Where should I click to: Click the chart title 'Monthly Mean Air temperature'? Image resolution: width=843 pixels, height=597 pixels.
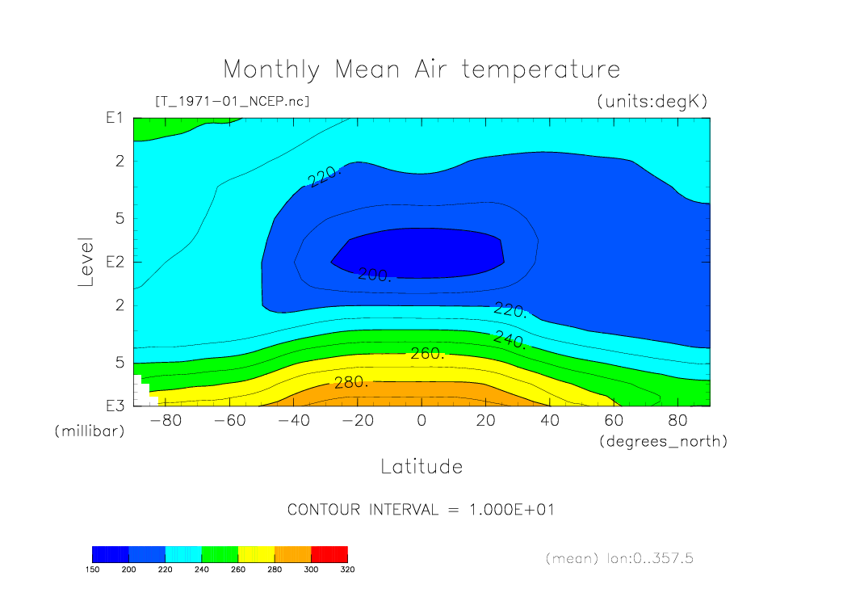coord(421,69)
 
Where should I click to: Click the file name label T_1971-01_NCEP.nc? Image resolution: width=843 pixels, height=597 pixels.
coord(232,102)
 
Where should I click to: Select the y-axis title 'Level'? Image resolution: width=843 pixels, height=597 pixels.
coord(87,263)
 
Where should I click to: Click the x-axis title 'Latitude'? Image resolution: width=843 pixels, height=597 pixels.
coord(421,466)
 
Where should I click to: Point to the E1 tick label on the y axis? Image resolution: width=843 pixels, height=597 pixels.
coord(113,118)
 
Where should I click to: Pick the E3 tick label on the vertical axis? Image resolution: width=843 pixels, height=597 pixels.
coord(113,405)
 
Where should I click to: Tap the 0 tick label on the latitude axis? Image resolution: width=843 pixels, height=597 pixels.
coord(421,421)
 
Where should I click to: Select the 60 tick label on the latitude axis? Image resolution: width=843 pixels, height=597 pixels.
coord(614,421)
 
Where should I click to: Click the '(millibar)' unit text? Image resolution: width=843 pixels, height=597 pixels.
coord(90,431)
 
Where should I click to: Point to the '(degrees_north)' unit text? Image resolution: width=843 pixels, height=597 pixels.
coord(664,441)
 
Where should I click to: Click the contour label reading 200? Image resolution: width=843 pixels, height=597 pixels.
coord(375,275)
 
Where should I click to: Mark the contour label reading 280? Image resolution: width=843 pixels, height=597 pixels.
coord(351,382)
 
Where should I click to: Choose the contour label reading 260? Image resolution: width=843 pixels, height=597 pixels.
coord(428,354)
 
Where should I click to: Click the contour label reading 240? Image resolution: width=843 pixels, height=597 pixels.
coord(510,338)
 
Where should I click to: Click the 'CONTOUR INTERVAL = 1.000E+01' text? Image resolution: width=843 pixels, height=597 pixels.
coord(421,510)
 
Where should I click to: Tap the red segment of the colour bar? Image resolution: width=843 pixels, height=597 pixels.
coord(329,553)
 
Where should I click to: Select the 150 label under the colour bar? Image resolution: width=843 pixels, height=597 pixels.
coord(92,569)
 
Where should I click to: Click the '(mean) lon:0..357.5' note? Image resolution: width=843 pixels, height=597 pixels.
coord(619,558)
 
